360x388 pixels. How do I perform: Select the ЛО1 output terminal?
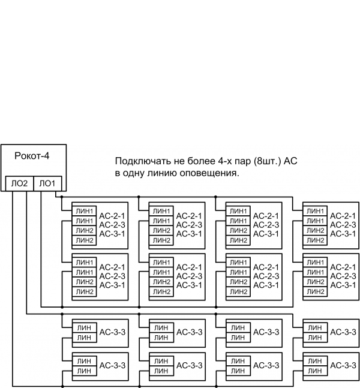(x=47, y=184)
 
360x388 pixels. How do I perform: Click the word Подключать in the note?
(x=139, y=162)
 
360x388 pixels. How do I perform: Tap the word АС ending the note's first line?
(x=290, y=162)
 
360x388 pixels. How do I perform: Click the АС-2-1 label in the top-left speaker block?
(x=112, y=216)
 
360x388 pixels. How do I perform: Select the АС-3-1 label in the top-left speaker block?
(x=112, y=234)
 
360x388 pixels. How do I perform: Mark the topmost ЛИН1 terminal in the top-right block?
(x=316, y=211)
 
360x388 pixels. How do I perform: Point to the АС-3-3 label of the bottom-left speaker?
(x=112, y=365)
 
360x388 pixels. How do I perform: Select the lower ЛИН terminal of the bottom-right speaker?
(x=316, y=371)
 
